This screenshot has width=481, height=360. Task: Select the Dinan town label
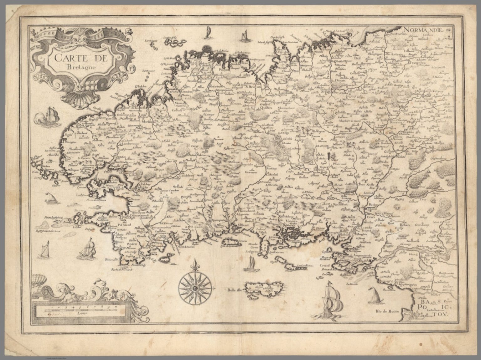point(340,80)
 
